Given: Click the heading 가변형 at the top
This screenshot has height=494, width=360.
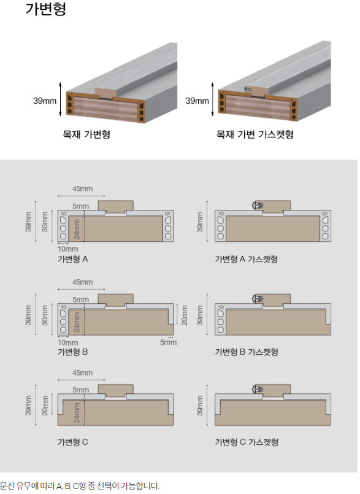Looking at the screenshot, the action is click(45, 9).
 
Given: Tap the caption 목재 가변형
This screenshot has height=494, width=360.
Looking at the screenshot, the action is click(86, 134).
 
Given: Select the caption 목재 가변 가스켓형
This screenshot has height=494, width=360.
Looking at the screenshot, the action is click(255, 134).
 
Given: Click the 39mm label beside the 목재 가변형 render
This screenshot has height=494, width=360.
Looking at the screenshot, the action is click(45, 101).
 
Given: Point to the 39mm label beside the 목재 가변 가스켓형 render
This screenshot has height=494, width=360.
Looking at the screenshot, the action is click(197, 101).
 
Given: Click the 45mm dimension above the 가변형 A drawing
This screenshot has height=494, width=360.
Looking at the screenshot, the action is click(83, 189).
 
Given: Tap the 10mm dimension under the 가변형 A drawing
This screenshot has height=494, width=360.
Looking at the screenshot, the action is click(67, 249).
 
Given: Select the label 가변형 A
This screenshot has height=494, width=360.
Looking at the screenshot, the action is click(73, 260).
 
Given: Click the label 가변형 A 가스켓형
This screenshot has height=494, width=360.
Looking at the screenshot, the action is click(247, 260).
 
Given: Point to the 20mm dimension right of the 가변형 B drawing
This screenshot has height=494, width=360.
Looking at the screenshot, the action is click(185, 315).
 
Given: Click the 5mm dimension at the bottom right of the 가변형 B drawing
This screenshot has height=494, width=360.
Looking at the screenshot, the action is click(168, 342).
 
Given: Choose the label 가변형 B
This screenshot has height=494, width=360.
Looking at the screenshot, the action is click(73, 352).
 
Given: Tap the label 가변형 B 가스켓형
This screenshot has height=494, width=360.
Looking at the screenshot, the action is click(247, 352).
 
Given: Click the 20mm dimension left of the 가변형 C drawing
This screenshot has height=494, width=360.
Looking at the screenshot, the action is click(45, 406).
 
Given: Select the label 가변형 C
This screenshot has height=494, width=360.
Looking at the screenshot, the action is click(73, 442).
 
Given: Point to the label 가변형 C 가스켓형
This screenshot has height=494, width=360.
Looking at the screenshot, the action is click(247, 442).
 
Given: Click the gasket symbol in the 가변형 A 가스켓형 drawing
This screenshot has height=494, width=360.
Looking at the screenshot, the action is click(258, 206).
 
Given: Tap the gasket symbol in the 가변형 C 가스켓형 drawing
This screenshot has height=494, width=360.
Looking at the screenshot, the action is click(258, 390).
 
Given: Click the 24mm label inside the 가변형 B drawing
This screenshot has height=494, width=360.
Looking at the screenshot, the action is click(77, 322).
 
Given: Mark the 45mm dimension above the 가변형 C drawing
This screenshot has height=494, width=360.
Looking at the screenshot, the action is click(83, 372).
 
